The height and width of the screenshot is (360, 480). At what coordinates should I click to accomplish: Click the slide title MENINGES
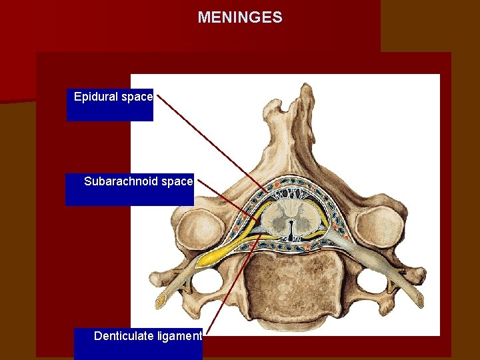point(239,17)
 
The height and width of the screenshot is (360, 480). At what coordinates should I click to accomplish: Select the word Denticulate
point(124,336)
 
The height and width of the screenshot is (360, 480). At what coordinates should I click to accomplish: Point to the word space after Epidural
point(137,97)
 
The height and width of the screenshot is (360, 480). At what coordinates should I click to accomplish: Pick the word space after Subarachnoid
point(177,181)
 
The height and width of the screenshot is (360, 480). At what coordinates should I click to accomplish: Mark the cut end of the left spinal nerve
point(161,301)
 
